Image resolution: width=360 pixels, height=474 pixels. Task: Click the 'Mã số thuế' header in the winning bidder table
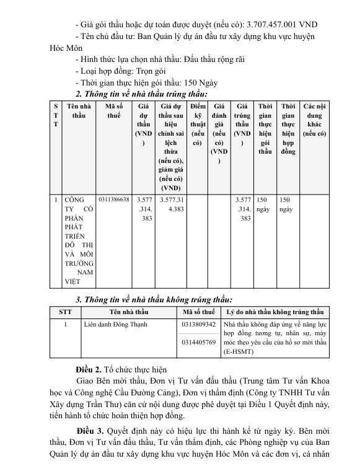[x=113, y=112]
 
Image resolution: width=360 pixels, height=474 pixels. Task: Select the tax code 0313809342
[x=198, y=324]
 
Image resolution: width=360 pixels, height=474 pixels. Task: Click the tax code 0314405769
[x=198, y=341]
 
